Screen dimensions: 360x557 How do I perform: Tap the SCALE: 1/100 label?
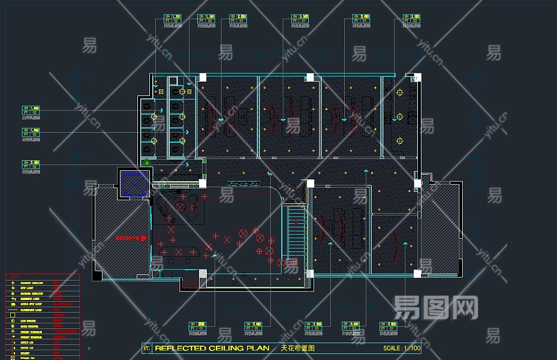(x=402, y=348)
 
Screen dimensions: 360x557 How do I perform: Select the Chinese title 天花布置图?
(x=298, y=348)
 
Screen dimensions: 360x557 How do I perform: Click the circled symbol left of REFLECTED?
(x=146, y=348)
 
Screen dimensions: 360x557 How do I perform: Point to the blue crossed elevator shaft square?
(x=134, y=183)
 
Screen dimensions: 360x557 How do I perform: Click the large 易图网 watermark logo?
(x=436, y=308)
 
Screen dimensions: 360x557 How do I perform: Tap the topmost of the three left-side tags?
(x=31, y=110)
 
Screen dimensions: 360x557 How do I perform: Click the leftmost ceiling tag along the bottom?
(x=197, y=326)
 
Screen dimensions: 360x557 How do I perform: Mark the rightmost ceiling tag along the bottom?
(x=388, y=326)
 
